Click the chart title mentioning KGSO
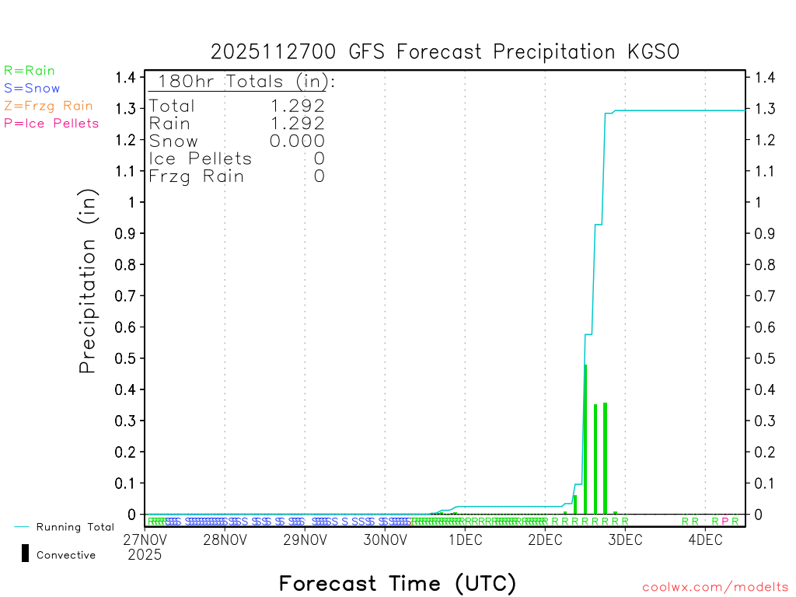point(445,52)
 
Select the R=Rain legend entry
point(30,71)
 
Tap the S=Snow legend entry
point(32,89)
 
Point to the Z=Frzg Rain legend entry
point(48,106)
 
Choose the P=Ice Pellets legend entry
point(51,123)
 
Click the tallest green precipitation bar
point(585,439)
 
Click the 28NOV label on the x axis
point(225,540)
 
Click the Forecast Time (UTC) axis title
point(397,583)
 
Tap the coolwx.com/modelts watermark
point(715,588)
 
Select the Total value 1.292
point(297,106)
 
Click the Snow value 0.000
point(297,141)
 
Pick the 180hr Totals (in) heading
point(243,82)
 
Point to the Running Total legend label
point(75,527)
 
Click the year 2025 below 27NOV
point(145,555)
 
